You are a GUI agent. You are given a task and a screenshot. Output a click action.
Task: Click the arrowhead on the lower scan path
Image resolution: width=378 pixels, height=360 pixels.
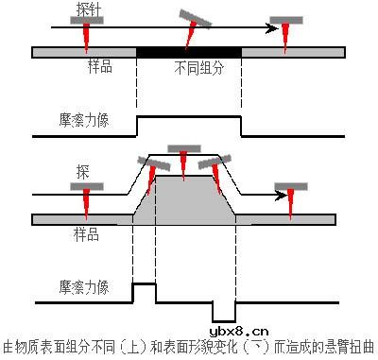coord(281,196)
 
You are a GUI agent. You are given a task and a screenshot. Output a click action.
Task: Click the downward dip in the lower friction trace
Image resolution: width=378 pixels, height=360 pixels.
coord(224,312)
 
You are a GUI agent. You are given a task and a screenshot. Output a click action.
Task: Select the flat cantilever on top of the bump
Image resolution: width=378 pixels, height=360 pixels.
coord(184,147)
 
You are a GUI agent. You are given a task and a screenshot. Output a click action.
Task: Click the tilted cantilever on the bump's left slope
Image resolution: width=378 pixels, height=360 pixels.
coord(154,162)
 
